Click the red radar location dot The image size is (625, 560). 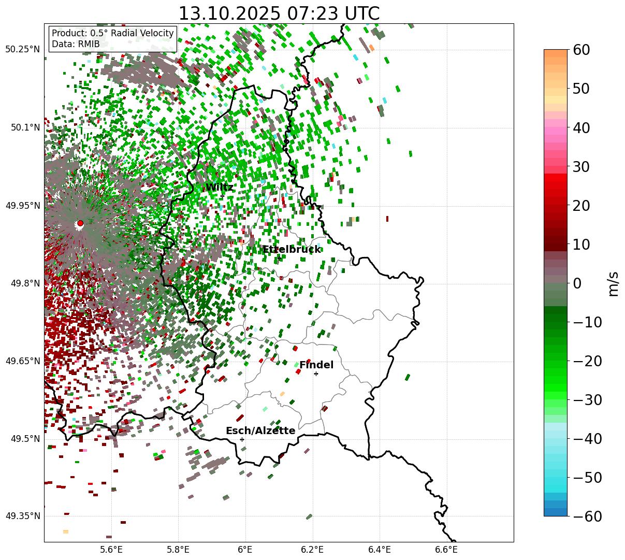pos(80,223)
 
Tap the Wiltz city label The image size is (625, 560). pos(220,188)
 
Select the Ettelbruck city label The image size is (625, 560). pos(292,250)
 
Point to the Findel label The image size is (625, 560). pos(316,365)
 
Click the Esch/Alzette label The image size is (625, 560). pos(260,431)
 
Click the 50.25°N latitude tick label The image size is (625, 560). pos(22,50)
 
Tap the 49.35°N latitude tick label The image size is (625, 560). pos(22,516)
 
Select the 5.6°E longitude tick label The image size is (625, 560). pos(111,550)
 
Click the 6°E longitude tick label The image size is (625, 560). pos(245,550)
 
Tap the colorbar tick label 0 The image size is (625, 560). pos(577,283)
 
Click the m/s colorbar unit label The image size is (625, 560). pos(613,283)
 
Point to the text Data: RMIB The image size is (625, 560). pos(76,45)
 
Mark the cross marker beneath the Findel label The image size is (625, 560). pos(316,374)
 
